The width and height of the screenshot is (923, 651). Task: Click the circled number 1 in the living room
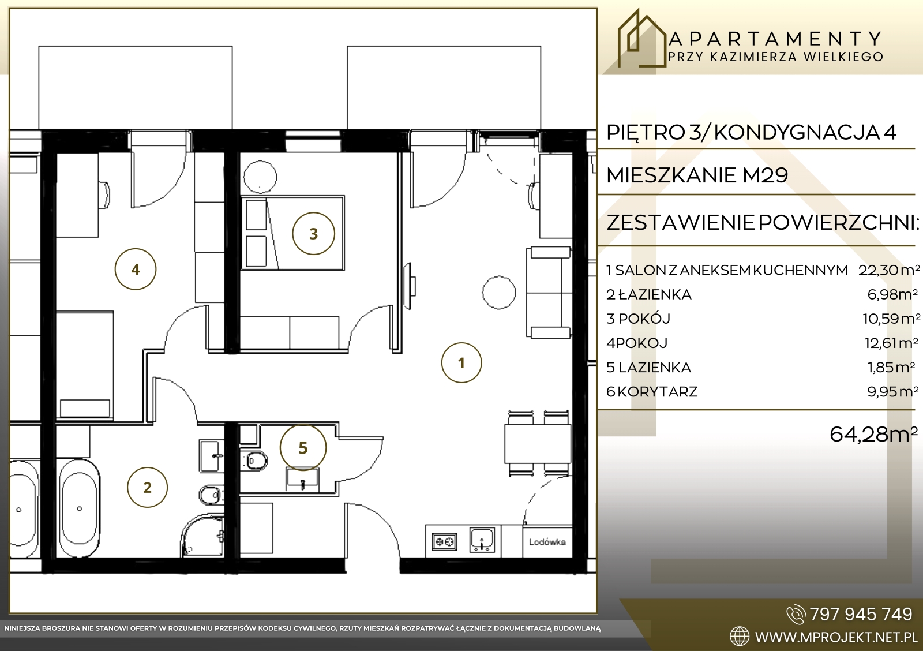coord(461,363)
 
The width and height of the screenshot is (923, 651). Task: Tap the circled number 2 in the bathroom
coord(147,487)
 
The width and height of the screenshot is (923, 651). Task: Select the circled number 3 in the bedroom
coord(314,233)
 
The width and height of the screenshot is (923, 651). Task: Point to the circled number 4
coord(136,269)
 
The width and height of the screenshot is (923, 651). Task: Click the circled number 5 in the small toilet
coord(303,448)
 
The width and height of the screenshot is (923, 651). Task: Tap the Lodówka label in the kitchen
coord(547,542)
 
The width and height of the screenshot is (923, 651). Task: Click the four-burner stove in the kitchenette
coord(445,542)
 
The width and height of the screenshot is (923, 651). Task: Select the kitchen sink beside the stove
coord(482,540)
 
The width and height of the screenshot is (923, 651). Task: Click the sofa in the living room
coord(549,292)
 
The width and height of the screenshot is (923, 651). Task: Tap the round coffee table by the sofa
coord(498,292)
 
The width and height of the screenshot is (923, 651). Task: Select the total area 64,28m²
coord(873,434)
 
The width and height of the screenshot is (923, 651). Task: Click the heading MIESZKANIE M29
coord(697,175)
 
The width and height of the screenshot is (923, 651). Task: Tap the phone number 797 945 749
coord(861,614)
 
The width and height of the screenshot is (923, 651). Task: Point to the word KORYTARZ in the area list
coord(658,391)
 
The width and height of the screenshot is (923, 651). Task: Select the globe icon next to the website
coord(740,637)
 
